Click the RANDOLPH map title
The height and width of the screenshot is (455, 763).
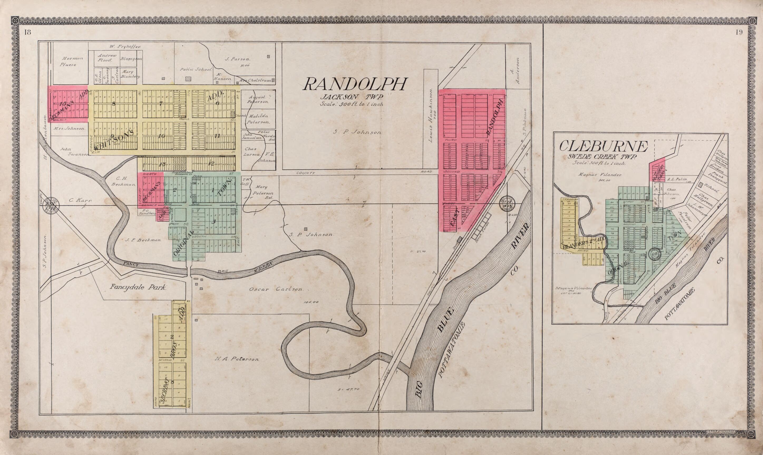355,84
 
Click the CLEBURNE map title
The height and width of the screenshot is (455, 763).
604,147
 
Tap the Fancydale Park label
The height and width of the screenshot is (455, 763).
138,288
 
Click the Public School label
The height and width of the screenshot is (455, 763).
196,70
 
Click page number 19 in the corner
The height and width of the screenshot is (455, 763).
738,33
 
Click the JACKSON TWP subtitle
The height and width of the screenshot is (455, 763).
352,98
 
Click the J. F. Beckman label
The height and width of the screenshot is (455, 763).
145,240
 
